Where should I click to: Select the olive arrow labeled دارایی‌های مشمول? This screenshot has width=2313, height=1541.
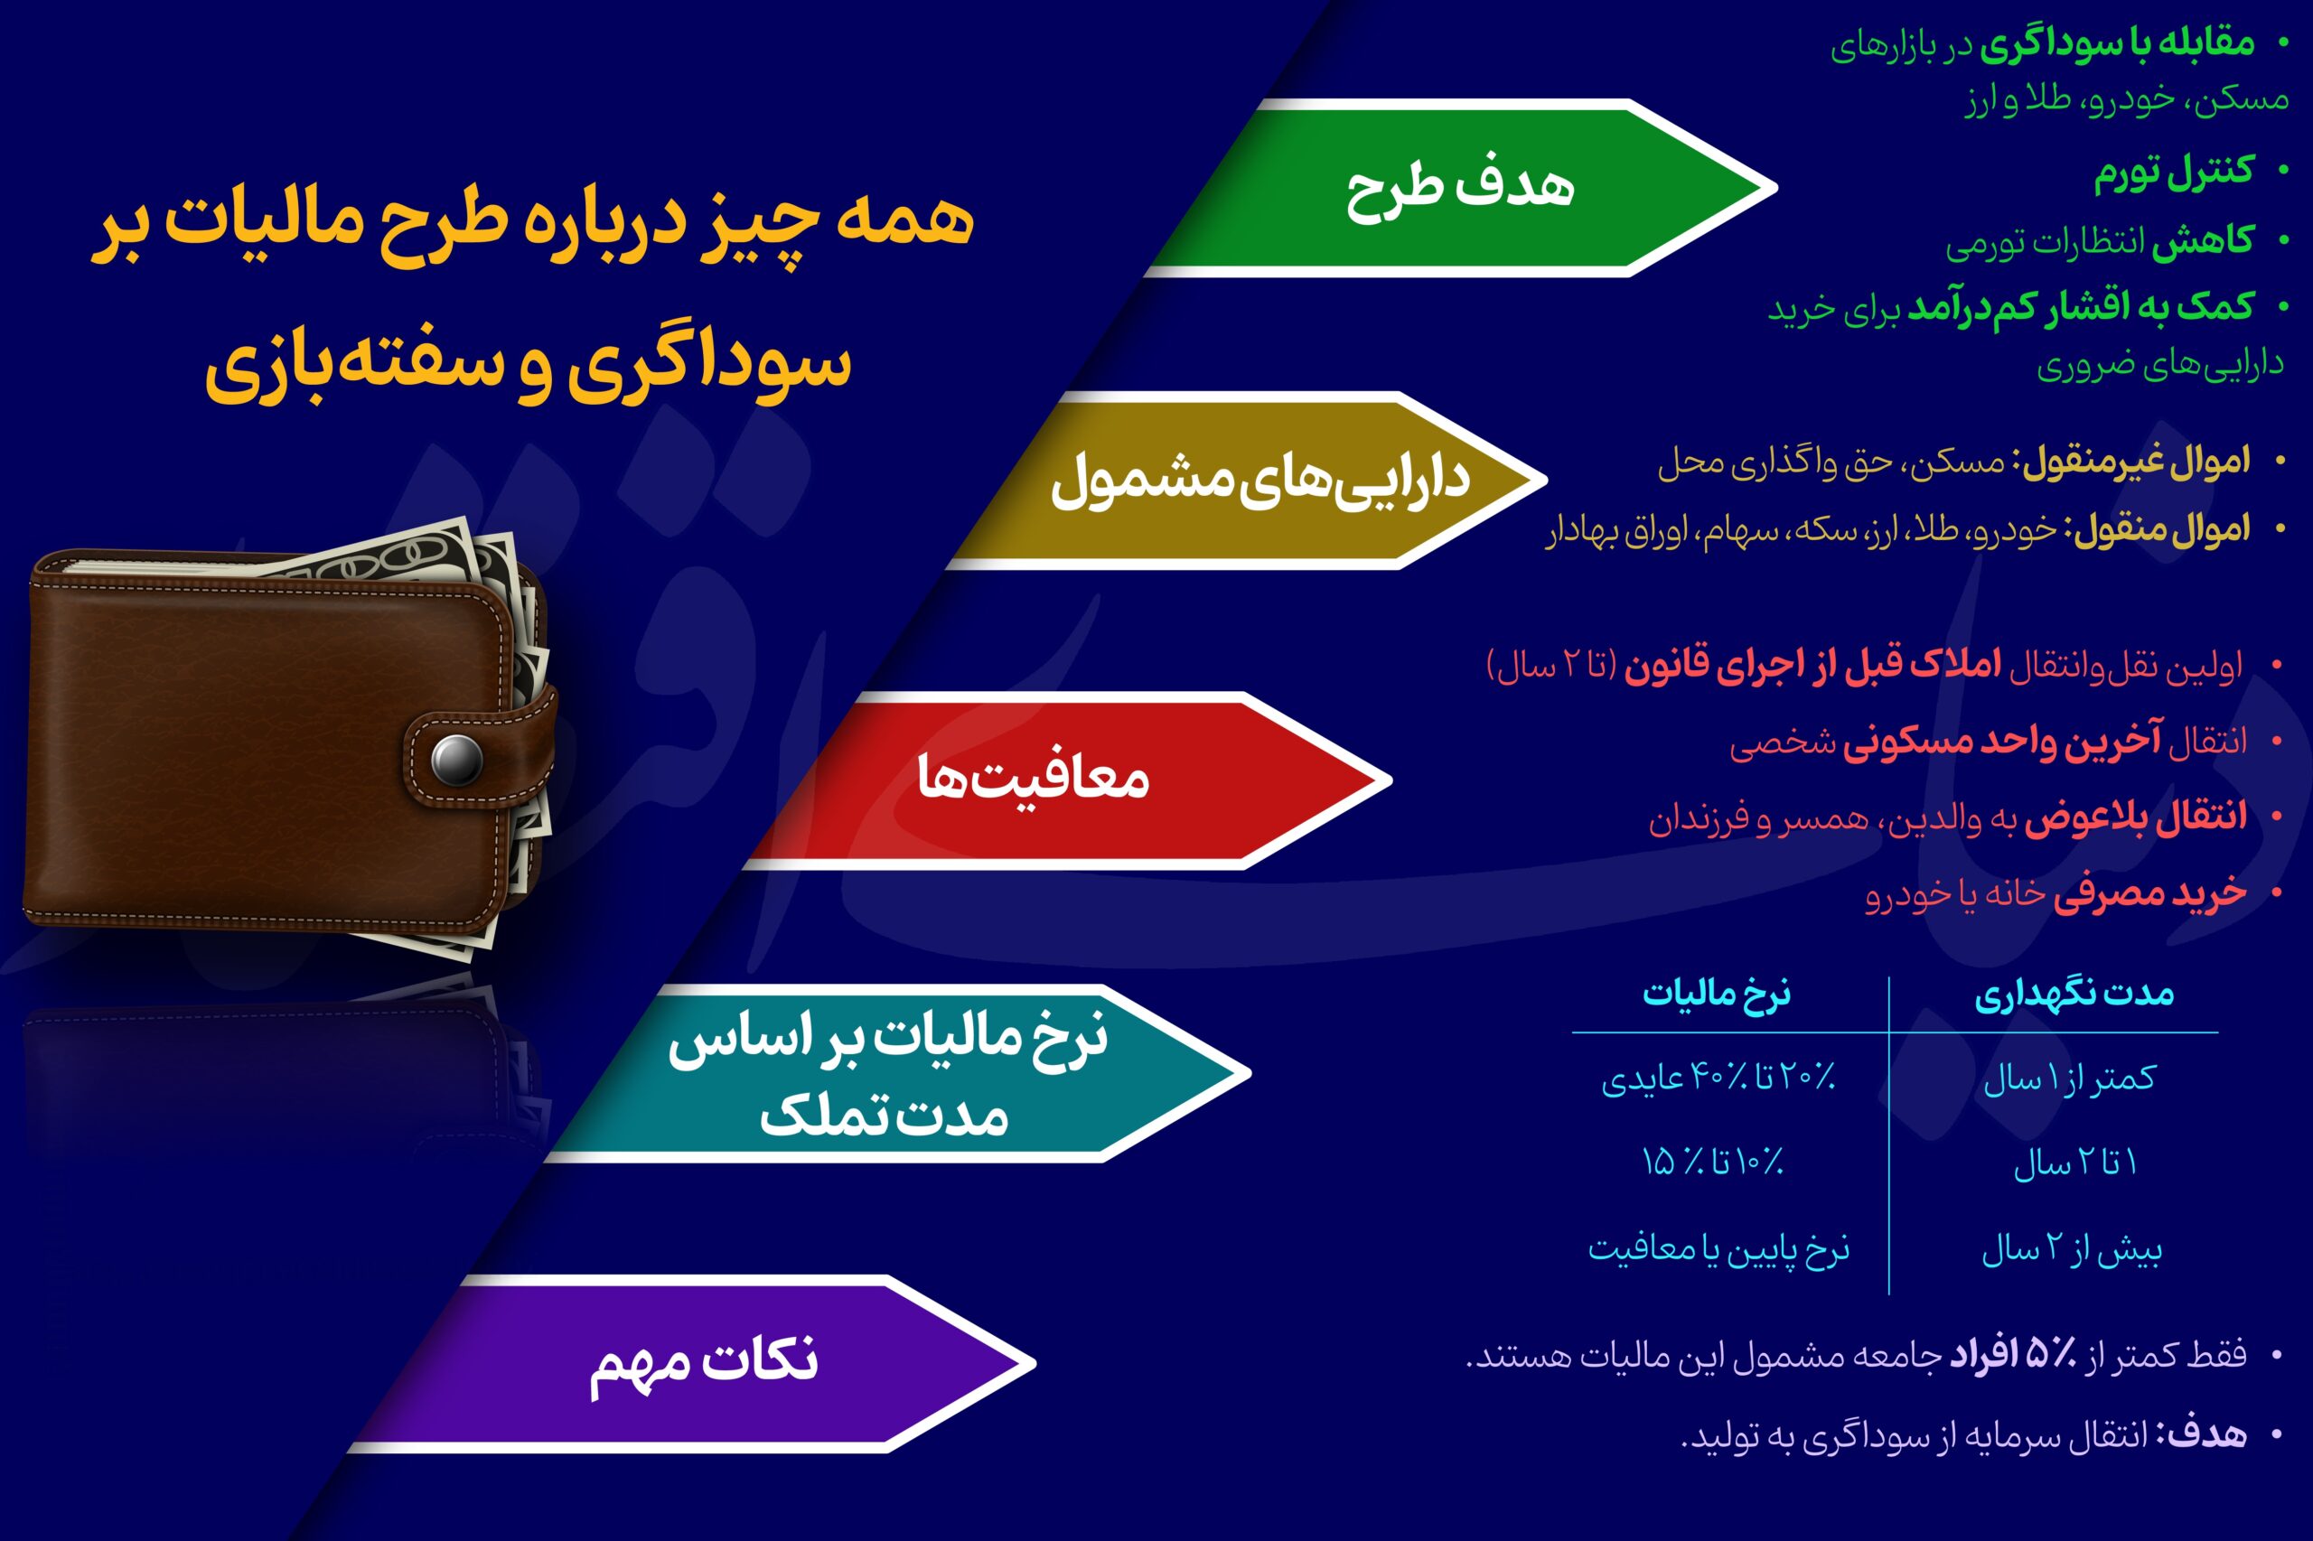click(x=1249, y=481)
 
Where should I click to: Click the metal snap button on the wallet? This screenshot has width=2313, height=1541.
click(x=457, y=759)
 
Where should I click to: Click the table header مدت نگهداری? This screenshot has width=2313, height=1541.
click(x=2074, y=995)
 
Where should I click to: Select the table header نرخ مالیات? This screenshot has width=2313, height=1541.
click(x=1717, y=995)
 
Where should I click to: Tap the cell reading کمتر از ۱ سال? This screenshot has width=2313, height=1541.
click(x=2069, y=1079)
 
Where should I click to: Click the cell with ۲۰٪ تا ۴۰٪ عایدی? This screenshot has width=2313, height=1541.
click(x=1718, y=1079)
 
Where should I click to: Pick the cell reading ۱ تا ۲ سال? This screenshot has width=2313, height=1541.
click(x=2075, y=1163)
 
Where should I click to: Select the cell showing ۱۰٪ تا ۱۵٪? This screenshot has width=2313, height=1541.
click(x=1712, y=1163)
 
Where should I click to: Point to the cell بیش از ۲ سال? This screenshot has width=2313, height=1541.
click(x=2071, y=1249)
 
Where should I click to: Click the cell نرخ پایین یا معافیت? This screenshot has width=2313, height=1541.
click(x=1718, y=1249)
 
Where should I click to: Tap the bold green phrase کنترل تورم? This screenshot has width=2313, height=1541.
click(x=2172, y=172)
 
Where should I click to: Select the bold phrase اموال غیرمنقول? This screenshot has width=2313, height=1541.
click(x=2135, y=462)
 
